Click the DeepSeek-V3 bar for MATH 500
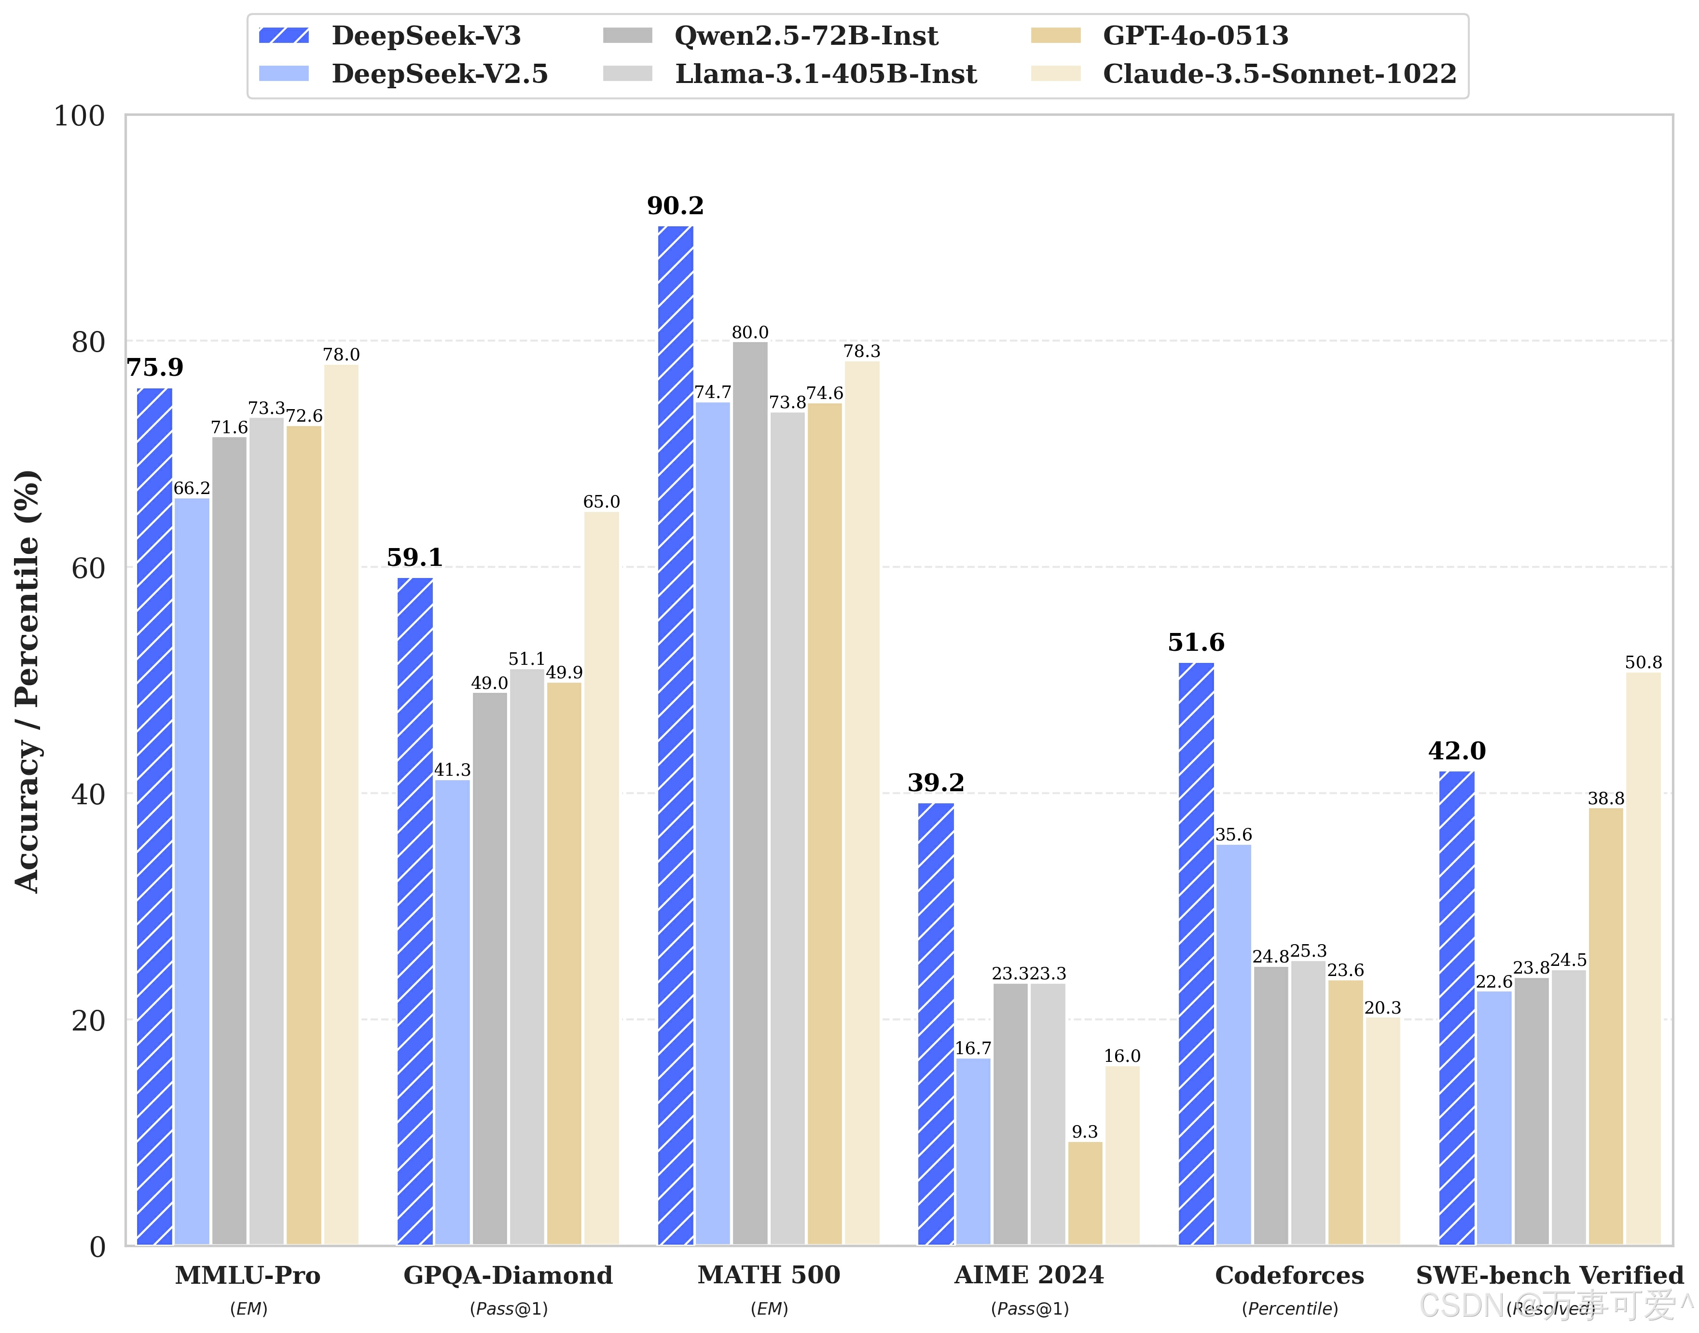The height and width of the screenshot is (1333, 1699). coord(675,734)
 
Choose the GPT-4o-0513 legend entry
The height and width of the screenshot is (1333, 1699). coord(1159,36)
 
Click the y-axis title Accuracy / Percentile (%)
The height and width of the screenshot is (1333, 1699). coord(28,681)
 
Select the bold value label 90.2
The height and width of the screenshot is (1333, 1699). coord(675,206)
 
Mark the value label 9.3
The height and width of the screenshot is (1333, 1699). coord(1085,1132)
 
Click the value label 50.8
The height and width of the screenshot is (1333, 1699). coord(1643,662)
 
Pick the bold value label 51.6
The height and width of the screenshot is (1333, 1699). coord(1196,643)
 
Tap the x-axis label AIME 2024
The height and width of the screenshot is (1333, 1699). coord(1029,1275)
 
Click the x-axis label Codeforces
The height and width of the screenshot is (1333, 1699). coord(1289,1275)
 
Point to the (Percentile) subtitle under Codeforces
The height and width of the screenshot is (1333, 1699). coord(1289,1309)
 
